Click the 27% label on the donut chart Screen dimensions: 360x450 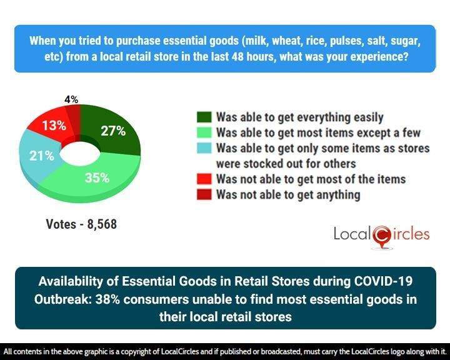pos(113,131)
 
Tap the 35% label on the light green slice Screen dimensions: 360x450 pos(97,177)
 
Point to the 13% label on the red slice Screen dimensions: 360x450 pos(55,125)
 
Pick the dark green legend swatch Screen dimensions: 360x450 pos(204,117)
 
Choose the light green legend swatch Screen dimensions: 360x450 pos(204,132)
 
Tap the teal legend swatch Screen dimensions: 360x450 pos(204,149)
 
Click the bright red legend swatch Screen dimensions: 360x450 pos(204,179)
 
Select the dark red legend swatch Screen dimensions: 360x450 pos(204,195)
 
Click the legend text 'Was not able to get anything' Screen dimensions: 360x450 pos(288,195)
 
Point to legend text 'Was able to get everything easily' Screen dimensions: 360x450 pos(299,117)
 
